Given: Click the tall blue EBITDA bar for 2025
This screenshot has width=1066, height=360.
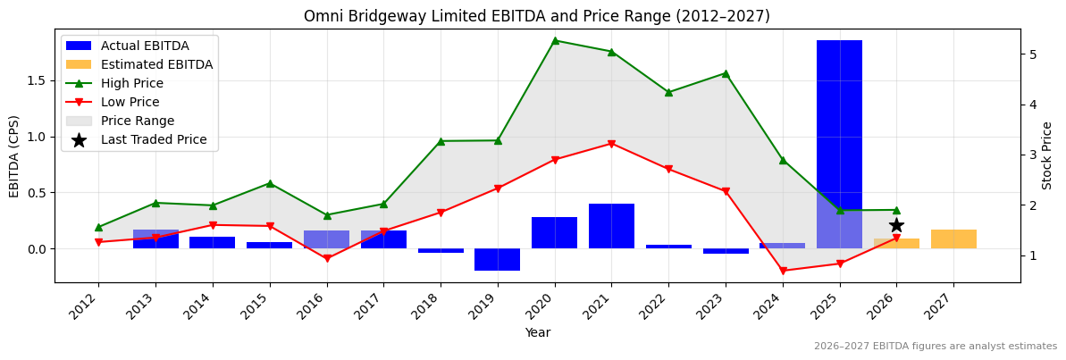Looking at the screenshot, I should (839, 125).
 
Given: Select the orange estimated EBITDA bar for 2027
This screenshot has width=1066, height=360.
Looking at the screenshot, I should (953, 239).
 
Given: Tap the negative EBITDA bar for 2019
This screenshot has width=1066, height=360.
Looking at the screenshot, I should (497, 259).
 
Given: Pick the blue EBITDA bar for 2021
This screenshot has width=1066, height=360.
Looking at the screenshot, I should (611, 226).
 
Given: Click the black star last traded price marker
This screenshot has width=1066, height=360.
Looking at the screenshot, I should (896, 225).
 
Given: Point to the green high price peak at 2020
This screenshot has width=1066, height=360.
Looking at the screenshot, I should (555, 40).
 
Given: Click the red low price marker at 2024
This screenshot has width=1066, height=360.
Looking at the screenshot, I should (783, 271).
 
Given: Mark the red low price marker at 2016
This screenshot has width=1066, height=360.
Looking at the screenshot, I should (327, 258).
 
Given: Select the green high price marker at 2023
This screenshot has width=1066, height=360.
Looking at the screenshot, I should (726, 73).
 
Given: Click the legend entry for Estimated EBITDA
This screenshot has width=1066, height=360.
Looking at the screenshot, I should (156, 64).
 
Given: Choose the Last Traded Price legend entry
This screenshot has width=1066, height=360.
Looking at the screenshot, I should (154, 139).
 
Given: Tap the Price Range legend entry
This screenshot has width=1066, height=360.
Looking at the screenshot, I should (138, 121).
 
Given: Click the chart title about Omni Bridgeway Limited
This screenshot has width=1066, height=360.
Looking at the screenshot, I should (536, 16).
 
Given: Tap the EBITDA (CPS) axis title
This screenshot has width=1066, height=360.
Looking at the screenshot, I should (14, 155).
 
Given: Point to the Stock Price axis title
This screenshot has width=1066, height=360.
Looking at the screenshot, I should (1047, 155).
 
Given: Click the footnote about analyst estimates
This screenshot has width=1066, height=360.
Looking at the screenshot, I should (935, 347).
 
